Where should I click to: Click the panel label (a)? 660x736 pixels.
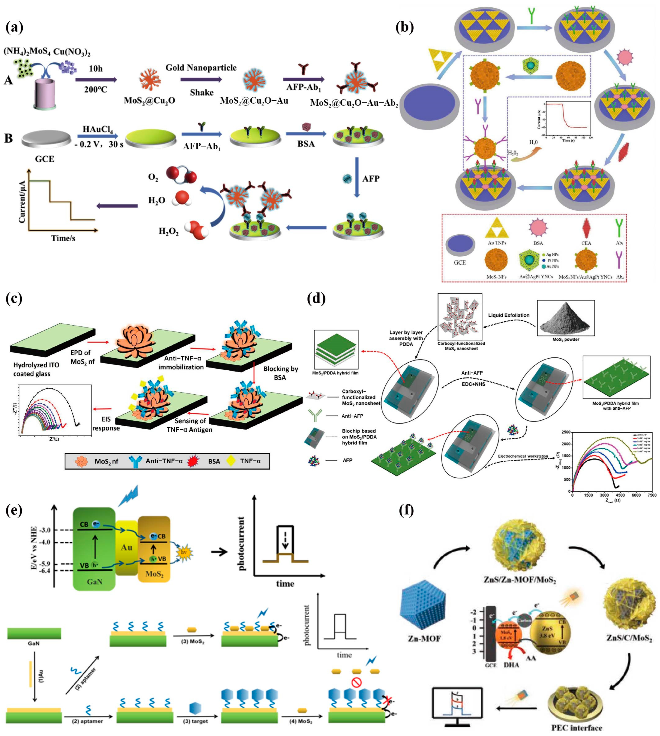[15, 27]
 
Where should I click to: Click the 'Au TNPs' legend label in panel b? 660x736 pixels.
[497, 243]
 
